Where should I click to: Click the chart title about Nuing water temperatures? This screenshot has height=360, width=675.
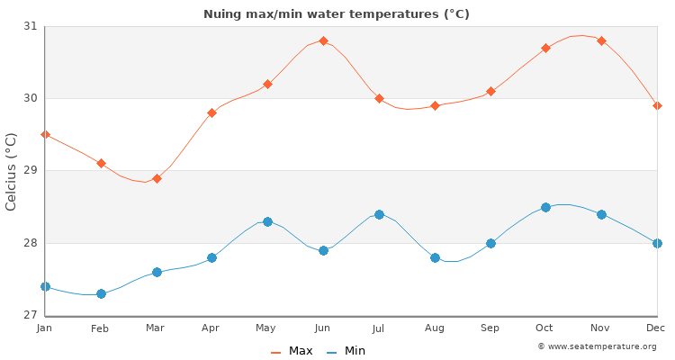[337, 13]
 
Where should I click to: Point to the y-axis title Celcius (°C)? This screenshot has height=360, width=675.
[11, 171]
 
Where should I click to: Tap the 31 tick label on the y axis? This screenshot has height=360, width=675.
[30, 26]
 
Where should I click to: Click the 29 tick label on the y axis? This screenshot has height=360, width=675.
[30, 171]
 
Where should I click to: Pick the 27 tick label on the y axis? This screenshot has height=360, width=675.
[30, 315]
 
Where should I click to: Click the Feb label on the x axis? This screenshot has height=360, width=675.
[100, 329]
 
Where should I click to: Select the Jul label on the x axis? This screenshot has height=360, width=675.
[379, 329]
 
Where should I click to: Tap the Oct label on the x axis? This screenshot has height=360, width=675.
[545, 329]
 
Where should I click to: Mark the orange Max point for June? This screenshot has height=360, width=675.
[323, 40]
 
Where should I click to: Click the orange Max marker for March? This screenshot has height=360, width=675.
[157, 178]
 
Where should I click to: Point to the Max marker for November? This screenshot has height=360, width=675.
[601, 40]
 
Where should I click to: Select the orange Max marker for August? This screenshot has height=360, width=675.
[435, 105]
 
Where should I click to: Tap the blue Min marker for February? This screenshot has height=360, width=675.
[101, 293]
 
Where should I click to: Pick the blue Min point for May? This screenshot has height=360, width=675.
[267, 221]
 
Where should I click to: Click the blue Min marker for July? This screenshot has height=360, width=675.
[379, 214]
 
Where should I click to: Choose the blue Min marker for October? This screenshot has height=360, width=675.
[545, 207]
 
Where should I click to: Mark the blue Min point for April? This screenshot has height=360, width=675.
[211, 257]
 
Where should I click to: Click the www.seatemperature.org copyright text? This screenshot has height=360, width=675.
[597, 346]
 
